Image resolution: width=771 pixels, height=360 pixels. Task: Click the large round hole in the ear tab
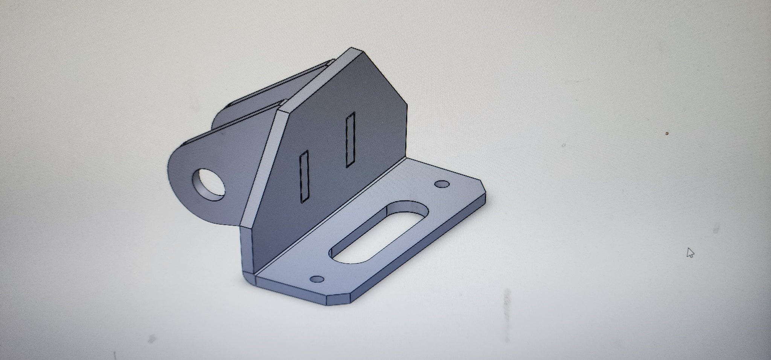pos(209,184)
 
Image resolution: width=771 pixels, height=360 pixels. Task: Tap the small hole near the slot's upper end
pos(442,185)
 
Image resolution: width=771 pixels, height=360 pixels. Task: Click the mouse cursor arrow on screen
pos(690,253)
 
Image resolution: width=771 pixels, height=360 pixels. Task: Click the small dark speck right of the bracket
pos(667,133)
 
